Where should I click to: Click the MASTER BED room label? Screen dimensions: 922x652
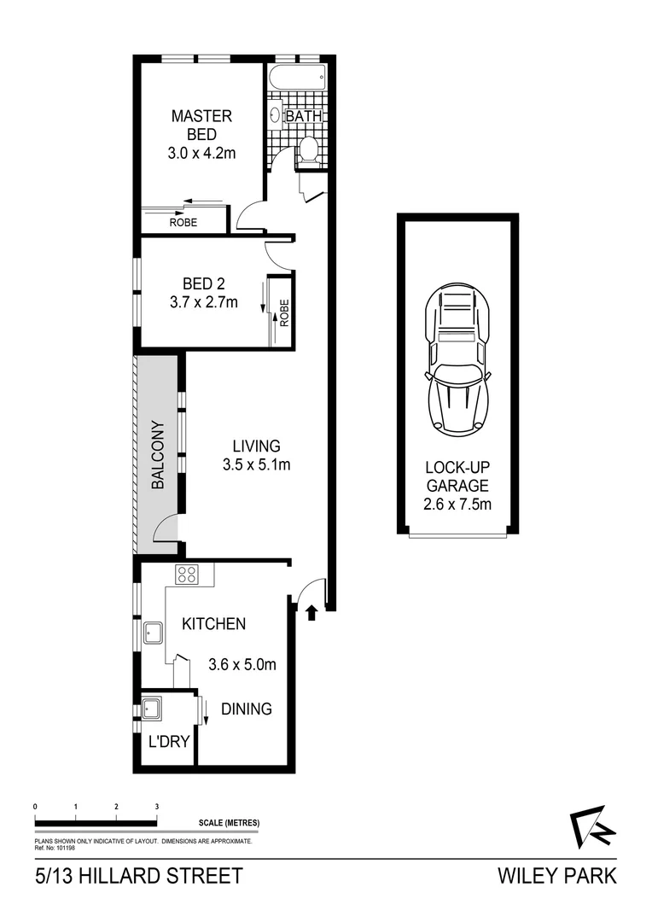point(201,125)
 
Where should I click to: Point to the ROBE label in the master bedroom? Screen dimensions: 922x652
point(183,222)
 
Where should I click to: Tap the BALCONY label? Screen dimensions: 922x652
point(157,453)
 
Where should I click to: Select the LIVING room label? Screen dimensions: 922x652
point(256,446)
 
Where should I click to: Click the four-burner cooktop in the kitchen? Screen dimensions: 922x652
point(188,575)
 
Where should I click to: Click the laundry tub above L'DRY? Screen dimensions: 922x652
point(154,709)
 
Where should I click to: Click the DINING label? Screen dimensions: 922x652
point(247,709)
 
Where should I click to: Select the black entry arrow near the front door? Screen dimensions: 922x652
point(311,611)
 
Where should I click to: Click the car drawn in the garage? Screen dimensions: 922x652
point(457,359)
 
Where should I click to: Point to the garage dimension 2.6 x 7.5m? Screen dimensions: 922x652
point(458,504)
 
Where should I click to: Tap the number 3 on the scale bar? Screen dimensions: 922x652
point(157,806)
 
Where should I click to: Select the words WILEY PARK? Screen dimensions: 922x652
point(556,877)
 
